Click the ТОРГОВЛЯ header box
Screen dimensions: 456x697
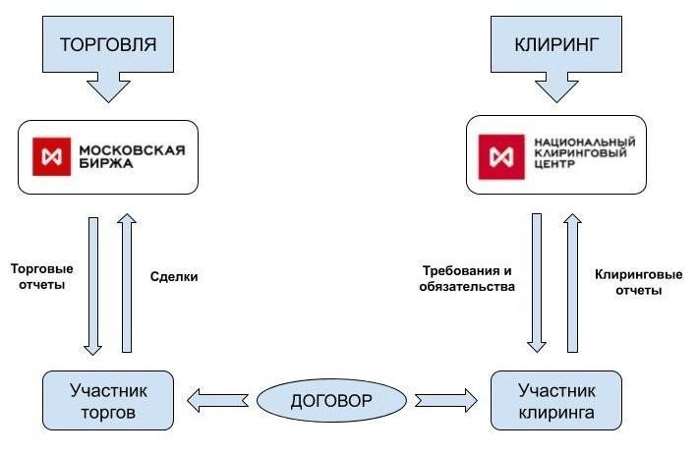pos(108,45)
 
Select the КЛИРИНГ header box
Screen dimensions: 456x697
pos(556,45)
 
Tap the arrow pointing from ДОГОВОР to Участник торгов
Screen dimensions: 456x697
pos(218,400)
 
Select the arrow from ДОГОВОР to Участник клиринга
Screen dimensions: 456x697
pos(444,400)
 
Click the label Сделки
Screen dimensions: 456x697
pos(176,277)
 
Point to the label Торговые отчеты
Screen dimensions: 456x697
pos(42,277)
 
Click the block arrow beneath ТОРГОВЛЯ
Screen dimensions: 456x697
pos(108,89)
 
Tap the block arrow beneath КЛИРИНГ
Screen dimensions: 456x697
pos(556,89)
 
